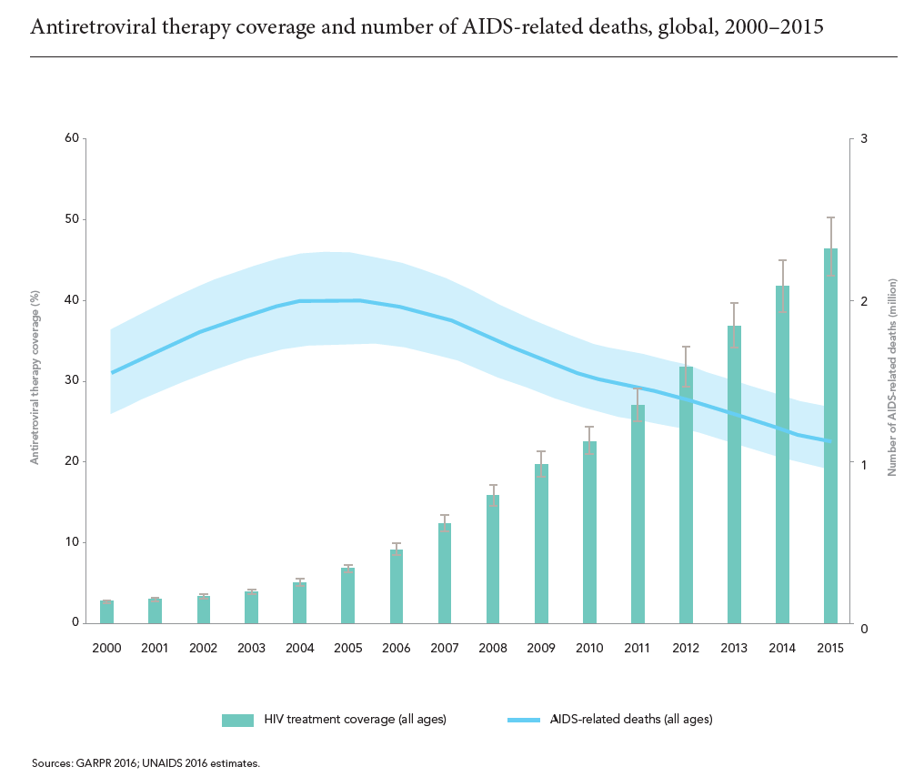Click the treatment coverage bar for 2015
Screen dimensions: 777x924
(x=830, y=437)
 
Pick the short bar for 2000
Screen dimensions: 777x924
(x=106, y=612)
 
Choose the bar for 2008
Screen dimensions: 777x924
(x=493, y=560)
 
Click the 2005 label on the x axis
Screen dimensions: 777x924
(x=348, y=648)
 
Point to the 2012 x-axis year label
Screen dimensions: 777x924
(x=686, y=648)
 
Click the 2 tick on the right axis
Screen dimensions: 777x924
(x=863, y=301)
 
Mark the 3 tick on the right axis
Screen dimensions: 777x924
(x=863, y=138)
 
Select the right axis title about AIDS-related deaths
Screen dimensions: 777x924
(x=892, y=378)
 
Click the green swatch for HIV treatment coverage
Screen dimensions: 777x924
(x=237, y=720)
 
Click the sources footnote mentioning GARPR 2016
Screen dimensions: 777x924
(x=146, y=762)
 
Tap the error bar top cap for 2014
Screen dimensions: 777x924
(x=782, y=260)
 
